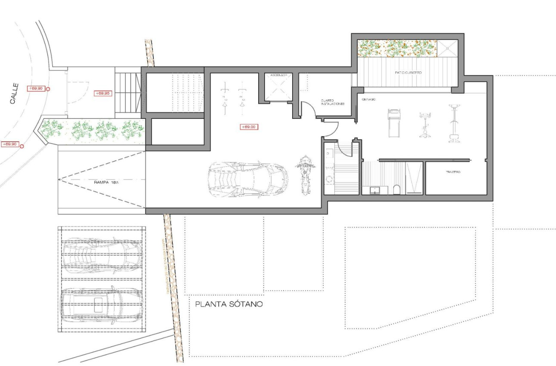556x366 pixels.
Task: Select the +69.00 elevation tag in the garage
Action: (249, 127)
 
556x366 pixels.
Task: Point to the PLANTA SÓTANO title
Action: (229, 304)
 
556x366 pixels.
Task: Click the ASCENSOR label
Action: (278, 75)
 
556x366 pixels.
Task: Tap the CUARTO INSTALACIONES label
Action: (332, 102)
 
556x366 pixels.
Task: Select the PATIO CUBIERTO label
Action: (408, 73)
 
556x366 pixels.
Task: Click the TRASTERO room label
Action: (453, 172)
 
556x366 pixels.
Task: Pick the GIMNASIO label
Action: (369, 99)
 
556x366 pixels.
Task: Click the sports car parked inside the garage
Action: (247, 179)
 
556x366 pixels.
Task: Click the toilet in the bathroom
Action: (396, 189)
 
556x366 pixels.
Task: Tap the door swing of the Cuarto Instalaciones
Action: (307, 109)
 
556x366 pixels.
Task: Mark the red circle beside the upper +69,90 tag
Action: (48, 89)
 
